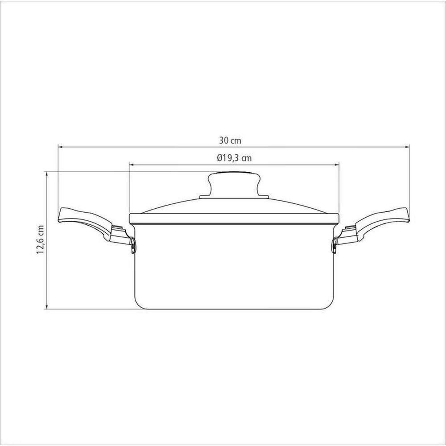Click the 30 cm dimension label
click(230, 140)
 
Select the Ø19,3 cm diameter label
click(234, 158)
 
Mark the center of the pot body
click(234, 268)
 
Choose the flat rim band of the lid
click(234, 219)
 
